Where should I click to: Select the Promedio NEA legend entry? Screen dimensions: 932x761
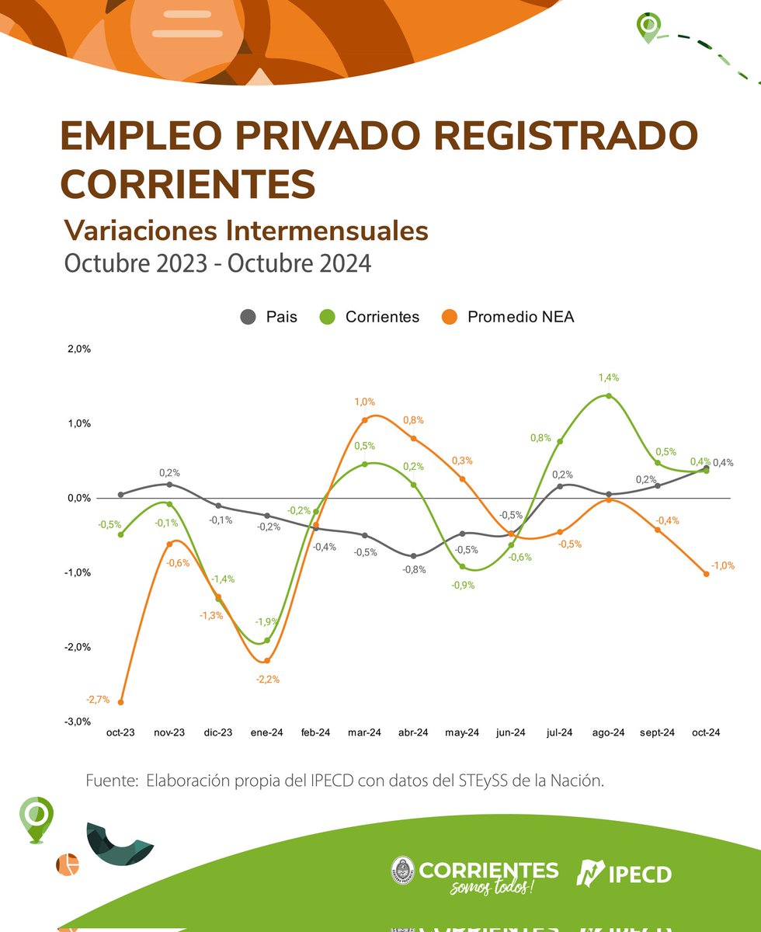[508, 317]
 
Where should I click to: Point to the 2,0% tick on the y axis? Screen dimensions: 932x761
[79, 349]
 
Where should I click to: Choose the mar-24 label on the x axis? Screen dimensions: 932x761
[364, 732]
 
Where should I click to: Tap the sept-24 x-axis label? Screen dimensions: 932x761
[657, 732]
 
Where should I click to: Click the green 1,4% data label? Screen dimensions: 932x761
[608, 377]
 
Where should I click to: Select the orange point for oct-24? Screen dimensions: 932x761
[706, 574]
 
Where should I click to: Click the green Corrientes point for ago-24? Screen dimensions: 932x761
[608, 396]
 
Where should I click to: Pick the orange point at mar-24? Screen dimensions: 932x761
[364, 420]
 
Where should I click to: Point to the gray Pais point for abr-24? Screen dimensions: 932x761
[413, 556]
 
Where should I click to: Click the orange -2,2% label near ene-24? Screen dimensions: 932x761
[267, 679]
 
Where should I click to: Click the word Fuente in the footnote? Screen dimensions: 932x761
[111, 781]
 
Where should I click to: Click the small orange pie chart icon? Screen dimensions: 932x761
[68, 864]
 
